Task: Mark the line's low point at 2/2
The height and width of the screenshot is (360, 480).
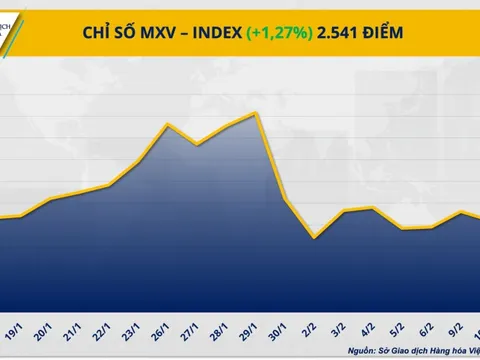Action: (x=315, y=238)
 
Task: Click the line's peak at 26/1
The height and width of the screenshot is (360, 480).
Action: (x=168, y=124)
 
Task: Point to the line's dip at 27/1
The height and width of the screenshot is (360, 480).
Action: (x=198, y=144)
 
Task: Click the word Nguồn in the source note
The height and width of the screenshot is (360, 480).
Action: (x=366, y=351)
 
